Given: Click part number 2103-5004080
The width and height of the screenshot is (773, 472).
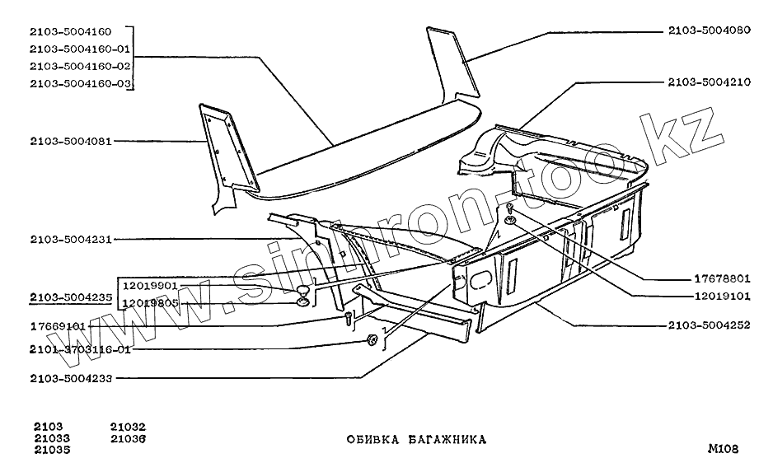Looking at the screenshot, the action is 710,31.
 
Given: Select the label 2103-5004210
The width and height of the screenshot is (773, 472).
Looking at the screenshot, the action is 710,83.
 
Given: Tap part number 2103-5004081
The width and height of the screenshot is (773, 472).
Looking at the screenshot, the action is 70,142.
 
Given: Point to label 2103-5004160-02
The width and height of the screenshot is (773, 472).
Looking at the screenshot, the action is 79,66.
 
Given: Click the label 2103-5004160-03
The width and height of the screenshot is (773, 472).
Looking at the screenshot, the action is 79,83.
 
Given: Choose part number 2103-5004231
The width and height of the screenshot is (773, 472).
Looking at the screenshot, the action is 70,240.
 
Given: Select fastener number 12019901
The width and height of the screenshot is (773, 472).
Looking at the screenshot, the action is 151,286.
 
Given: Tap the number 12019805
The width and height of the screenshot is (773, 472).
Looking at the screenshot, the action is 151,303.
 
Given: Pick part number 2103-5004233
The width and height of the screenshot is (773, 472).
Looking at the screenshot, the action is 70,379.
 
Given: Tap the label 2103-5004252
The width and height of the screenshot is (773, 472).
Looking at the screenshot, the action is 710,325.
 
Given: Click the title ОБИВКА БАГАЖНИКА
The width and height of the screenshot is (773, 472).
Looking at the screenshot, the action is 416,440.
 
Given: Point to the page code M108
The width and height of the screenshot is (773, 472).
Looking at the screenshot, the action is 723,450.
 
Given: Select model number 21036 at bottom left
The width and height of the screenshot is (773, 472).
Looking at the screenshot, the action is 127,439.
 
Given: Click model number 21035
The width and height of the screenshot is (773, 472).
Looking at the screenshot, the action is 52,451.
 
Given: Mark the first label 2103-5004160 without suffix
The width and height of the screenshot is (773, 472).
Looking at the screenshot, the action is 70,31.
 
